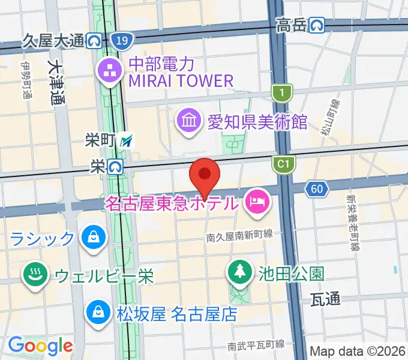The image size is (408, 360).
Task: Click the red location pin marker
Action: pos(205,175)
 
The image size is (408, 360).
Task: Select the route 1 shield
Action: pos(279,92)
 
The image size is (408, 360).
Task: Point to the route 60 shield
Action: pos(317,190)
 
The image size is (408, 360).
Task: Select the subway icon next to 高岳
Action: pos(317,25)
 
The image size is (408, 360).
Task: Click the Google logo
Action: pos(41,345)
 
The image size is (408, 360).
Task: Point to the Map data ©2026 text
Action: pos(357,350)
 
